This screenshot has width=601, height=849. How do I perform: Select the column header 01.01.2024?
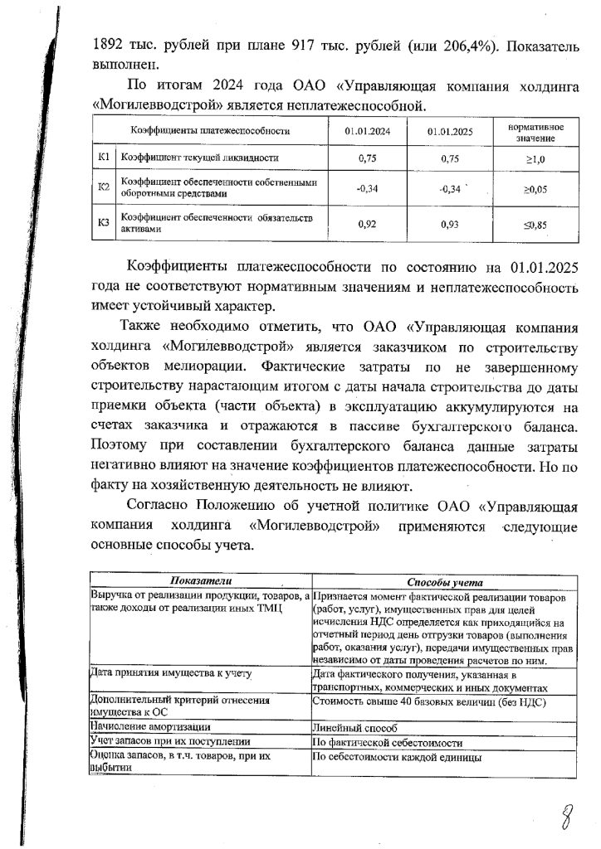[x=368, y=131]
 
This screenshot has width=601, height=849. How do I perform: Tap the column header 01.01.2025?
[x=449, y=132]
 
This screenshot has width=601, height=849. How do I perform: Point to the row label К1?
[x=104, y=157]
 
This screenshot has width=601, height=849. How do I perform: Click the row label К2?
[x=104, y=187]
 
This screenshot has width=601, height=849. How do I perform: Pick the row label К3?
[x=104, y=222]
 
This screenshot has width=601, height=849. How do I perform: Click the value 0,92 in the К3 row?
[x=368, y=222]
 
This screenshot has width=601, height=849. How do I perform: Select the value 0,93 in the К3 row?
[x=449, y=222]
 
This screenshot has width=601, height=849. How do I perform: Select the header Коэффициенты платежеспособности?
[x=210, y=131]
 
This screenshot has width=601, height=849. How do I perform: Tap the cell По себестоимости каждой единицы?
[x=397, y=756]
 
